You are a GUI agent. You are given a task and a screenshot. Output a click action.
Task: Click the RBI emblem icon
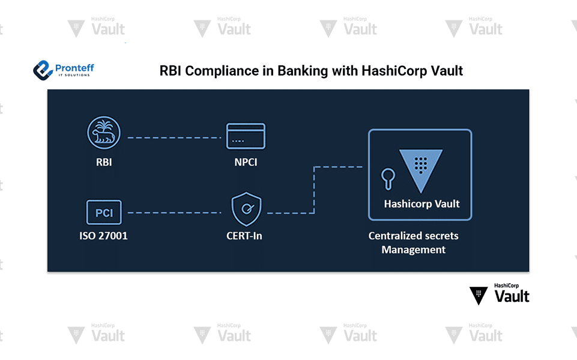click(x=104, y=132)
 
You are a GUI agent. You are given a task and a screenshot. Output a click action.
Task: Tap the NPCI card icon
click(x=245, y=136)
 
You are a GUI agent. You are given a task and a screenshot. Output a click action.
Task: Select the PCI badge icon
click(x=104, y=213)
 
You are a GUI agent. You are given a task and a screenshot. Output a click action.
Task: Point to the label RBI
click(x=103, y=162)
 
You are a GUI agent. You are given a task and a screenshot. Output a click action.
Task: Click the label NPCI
click(x=246, y=162)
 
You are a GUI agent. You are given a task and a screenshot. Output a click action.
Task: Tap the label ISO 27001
click(x=103, y=236)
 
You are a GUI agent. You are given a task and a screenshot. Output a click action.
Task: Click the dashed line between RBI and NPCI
click(x=174, y=137)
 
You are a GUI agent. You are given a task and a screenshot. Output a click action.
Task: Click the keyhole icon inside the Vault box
click(x=388, y=178)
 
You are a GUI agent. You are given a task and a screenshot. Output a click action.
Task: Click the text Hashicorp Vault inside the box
click(x=421, y=204)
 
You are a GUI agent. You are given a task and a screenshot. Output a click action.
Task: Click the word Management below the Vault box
click(x=414, y=250)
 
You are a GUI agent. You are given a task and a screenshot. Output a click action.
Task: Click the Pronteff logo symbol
click(x=43, y=70)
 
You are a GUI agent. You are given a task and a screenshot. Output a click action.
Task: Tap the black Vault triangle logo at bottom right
click(x=479, y=295)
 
